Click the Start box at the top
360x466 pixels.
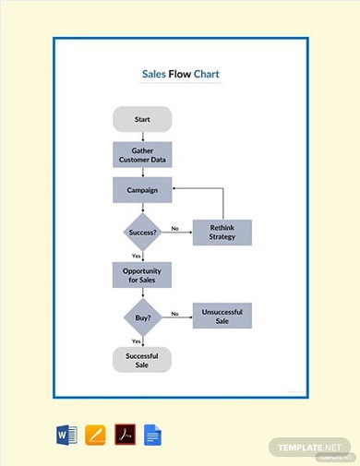click(x=142, y=119)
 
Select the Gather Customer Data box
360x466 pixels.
click(x=142, y=155)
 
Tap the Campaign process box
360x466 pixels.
click(x=142, y=190)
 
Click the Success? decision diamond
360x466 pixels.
click(x=142, y=232)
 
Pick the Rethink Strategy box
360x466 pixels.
click(x=222, y=232)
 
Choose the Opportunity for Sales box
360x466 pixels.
click(x=142, y=275)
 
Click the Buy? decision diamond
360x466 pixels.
click(x=142, y=316)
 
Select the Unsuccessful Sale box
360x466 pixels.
click(x=222, y=316)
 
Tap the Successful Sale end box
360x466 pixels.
click(x=142, y=359)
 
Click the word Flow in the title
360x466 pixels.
click(x=179, y=74)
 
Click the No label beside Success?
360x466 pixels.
click(x=174, y=228)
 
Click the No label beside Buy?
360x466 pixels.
click(x=174, y=313)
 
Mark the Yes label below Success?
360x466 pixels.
click(x=136, y=256)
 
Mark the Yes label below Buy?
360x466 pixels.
click(x=136, y=341)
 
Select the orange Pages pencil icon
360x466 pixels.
click(x=95, y=434)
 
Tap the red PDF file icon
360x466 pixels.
click(x=124, y=434)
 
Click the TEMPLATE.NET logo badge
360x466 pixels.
click(x=309, y=447)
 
